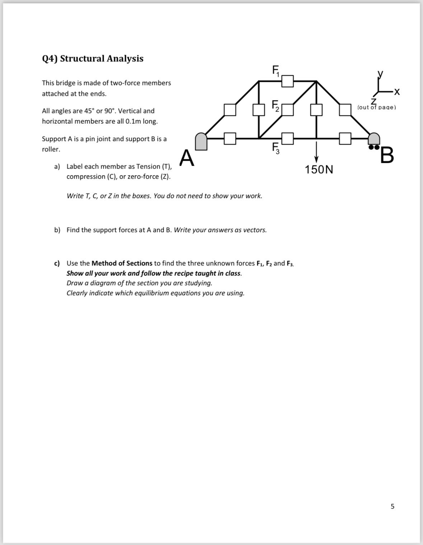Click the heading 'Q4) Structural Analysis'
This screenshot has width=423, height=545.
pyautogui.click(x=93, y=58)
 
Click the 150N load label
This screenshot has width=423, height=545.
pyautogui.click(x=319, y=170)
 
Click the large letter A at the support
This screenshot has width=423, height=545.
pyautogui.click(x=187, y=158)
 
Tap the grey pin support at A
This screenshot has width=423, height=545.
pyautogui.click(x=201, y=141)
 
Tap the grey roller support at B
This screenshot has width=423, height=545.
pyautogui.click(x=374, y=140)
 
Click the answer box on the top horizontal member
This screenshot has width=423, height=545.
pyautogui.click(x=287, y=81)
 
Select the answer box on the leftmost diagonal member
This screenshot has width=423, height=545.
pyautogui.click(x=230, y=110)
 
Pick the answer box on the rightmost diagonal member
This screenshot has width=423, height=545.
pyautogui.click(x=345, y=110)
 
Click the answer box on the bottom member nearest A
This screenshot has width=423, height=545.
pyautogui.click(x=230, y=138)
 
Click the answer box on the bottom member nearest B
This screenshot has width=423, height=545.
pyautogui.click(x=345, y=138)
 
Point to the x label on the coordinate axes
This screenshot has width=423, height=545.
pyautogui.click(x=396, y=93)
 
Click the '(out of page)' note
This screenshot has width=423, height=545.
pyautogui.click(x=376, y=107)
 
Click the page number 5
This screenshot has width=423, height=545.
pyautogui.click(x=392, y=506)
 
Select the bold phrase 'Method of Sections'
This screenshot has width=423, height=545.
pyautogui.click(x=122, y=263)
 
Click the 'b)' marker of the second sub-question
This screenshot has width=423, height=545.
pyautogui.click(x=57, y=230)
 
